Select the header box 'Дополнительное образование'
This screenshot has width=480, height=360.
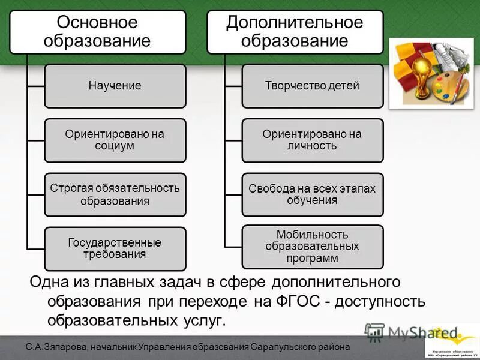(x=295, y=32)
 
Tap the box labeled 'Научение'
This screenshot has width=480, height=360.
(x=115, y=86)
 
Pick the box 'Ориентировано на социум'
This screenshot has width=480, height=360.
(x=115, y=140)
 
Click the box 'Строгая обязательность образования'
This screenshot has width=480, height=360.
(x=115, y=194)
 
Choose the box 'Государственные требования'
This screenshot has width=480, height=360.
(x=115, y=248)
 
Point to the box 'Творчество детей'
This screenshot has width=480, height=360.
(x=312, y=86)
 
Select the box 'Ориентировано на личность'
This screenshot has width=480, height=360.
(x=312, y=140)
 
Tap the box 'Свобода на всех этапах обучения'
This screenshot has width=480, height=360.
(x=312, y=194)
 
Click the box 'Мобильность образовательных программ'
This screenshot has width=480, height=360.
(x=312, y=246)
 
